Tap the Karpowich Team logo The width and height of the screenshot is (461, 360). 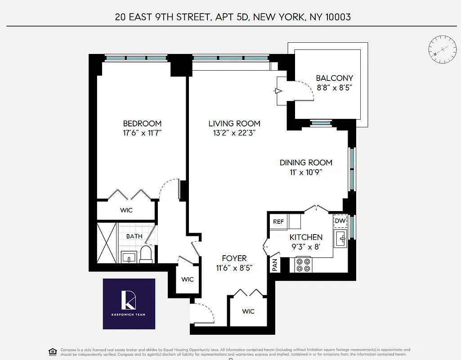[x=129, y=304]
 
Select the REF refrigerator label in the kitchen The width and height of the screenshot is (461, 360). [x=278, y=221]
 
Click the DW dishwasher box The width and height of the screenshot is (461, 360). [x=340, y=221]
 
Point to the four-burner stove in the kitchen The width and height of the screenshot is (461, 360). [x=303, y=264]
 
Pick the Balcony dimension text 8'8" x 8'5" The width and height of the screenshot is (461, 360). [x=334, y=88]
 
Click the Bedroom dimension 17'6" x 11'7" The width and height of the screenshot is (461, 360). [x=142, y=133]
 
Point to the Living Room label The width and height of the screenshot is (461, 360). [x=234, y=123]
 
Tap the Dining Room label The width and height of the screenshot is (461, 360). [x=306, y=162]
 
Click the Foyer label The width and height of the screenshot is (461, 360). [x=234, y=258]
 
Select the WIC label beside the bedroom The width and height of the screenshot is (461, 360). [x=126, y=210]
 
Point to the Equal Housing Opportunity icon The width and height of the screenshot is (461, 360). [x=53, y=351]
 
